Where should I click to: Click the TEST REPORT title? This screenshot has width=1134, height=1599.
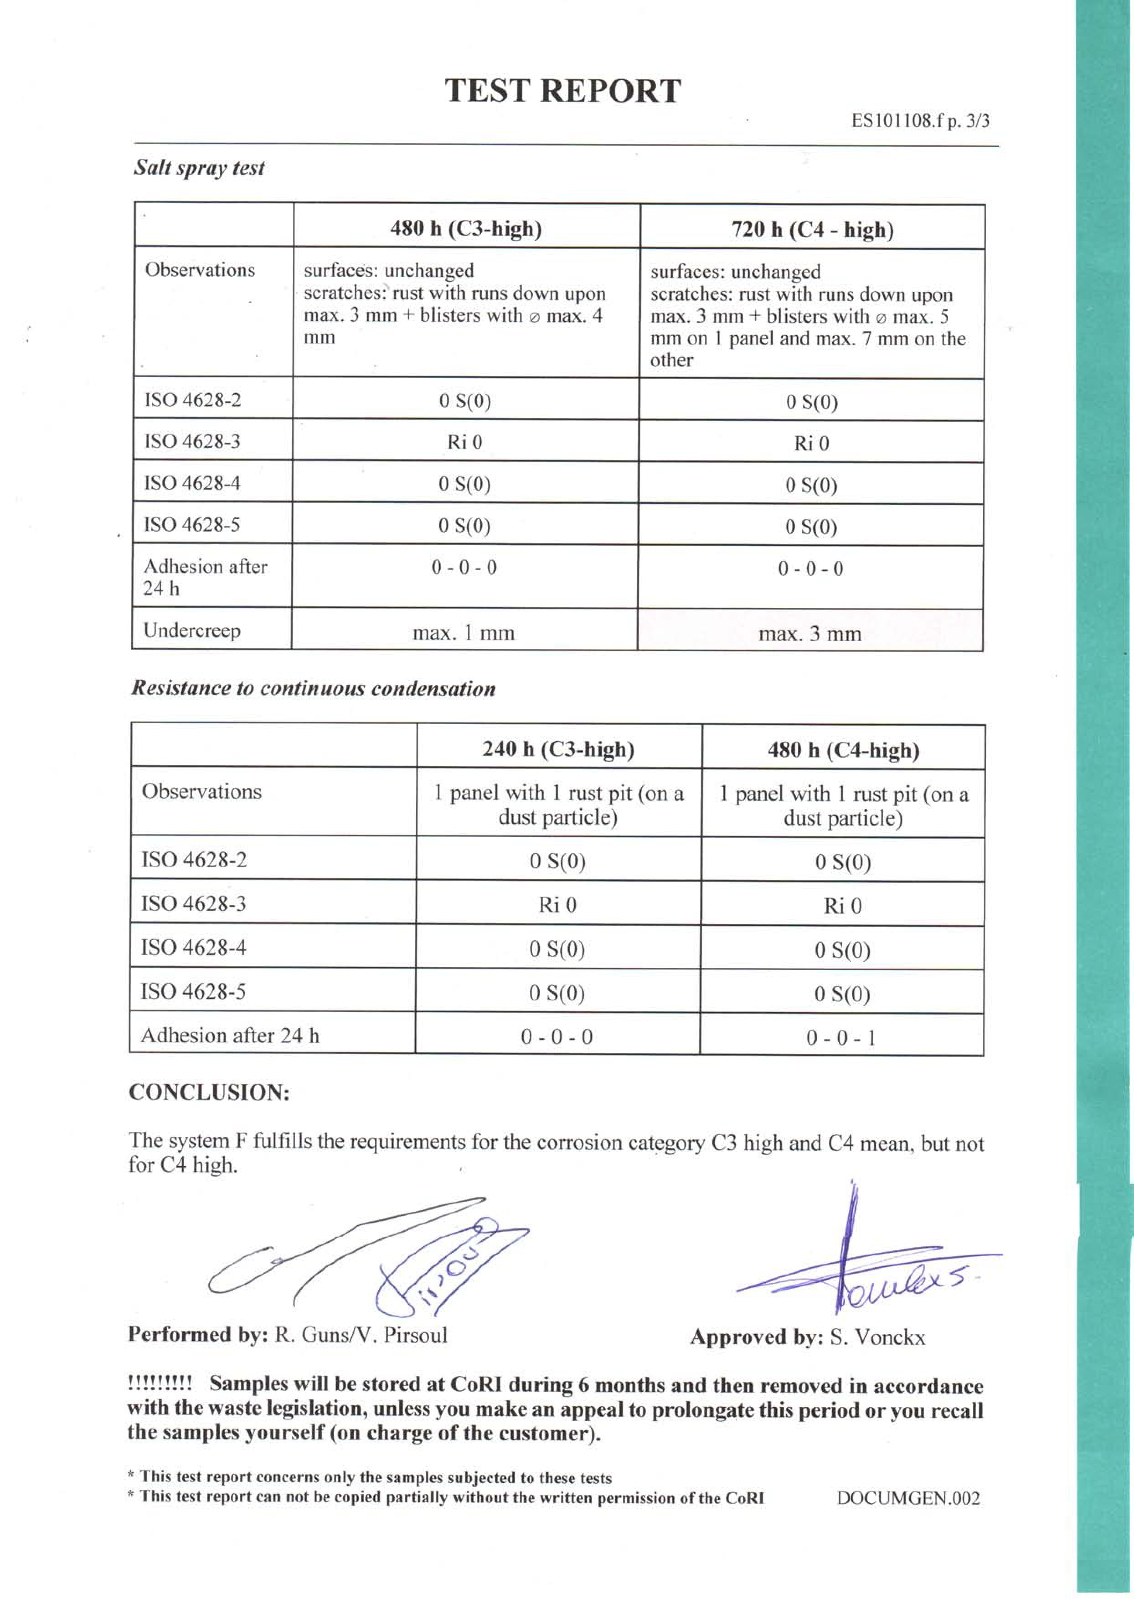pyautogui.click(x=562, y=91)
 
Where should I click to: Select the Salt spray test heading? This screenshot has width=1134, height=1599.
pyautogui.click(x=199, y=168)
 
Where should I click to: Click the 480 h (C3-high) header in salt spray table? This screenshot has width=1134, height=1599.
pyautogui.click(x=466, y=229)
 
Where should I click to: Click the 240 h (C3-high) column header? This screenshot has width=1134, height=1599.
pyautogui.click(x=558, y=750)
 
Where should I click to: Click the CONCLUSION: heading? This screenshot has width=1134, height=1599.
pyautogui.click(x=209, y=1092)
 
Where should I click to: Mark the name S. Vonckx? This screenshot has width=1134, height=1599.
pyautogui.click(x=877, y=1337)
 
